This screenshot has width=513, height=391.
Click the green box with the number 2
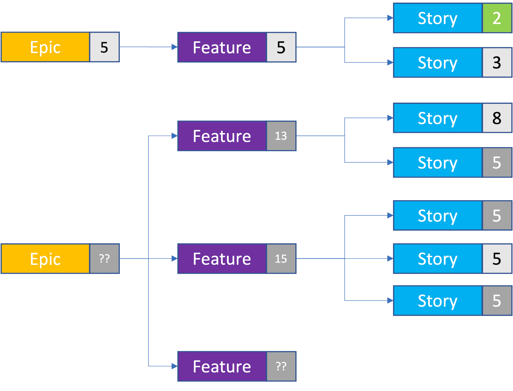click(497, 18)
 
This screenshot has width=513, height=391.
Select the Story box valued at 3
click(438, 63)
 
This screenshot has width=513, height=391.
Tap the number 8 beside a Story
click(497, 118)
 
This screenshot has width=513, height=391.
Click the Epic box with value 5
click(45, 47)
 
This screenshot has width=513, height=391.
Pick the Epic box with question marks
click(45, 259)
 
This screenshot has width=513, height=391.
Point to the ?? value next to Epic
click(104, 259)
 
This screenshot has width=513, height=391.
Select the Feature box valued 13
click(222, 136)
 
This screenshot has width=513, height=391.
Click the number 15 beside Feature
click(281, 259)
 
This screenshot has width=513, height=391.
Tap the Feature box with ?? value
click(222, 366)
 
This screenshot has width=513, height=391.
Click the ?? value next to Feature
click(281, 366)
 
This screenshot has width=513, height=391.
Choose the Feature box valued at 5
click(222, 47)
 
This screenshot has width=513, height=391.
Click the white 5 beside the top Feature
click(281, 47)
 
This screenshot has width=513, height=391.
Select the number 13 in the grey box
click(281, 136)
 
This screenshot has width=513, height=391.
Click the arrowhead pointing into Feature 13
click(174, 136)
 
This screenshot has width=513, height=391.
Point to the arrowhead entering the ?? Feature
click(174, 366)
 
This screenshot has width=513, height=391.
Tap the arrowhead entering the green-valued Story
click(390, 18)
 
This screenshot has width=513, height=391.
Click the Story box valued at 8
click(438, 118)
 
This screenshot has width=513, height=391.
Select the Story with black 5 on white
click(438, 259)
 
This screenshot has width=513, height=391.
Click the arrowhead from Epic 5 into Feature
click(174, 47)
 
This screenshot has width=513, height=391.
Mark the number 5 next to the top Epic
click(104, 47)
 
